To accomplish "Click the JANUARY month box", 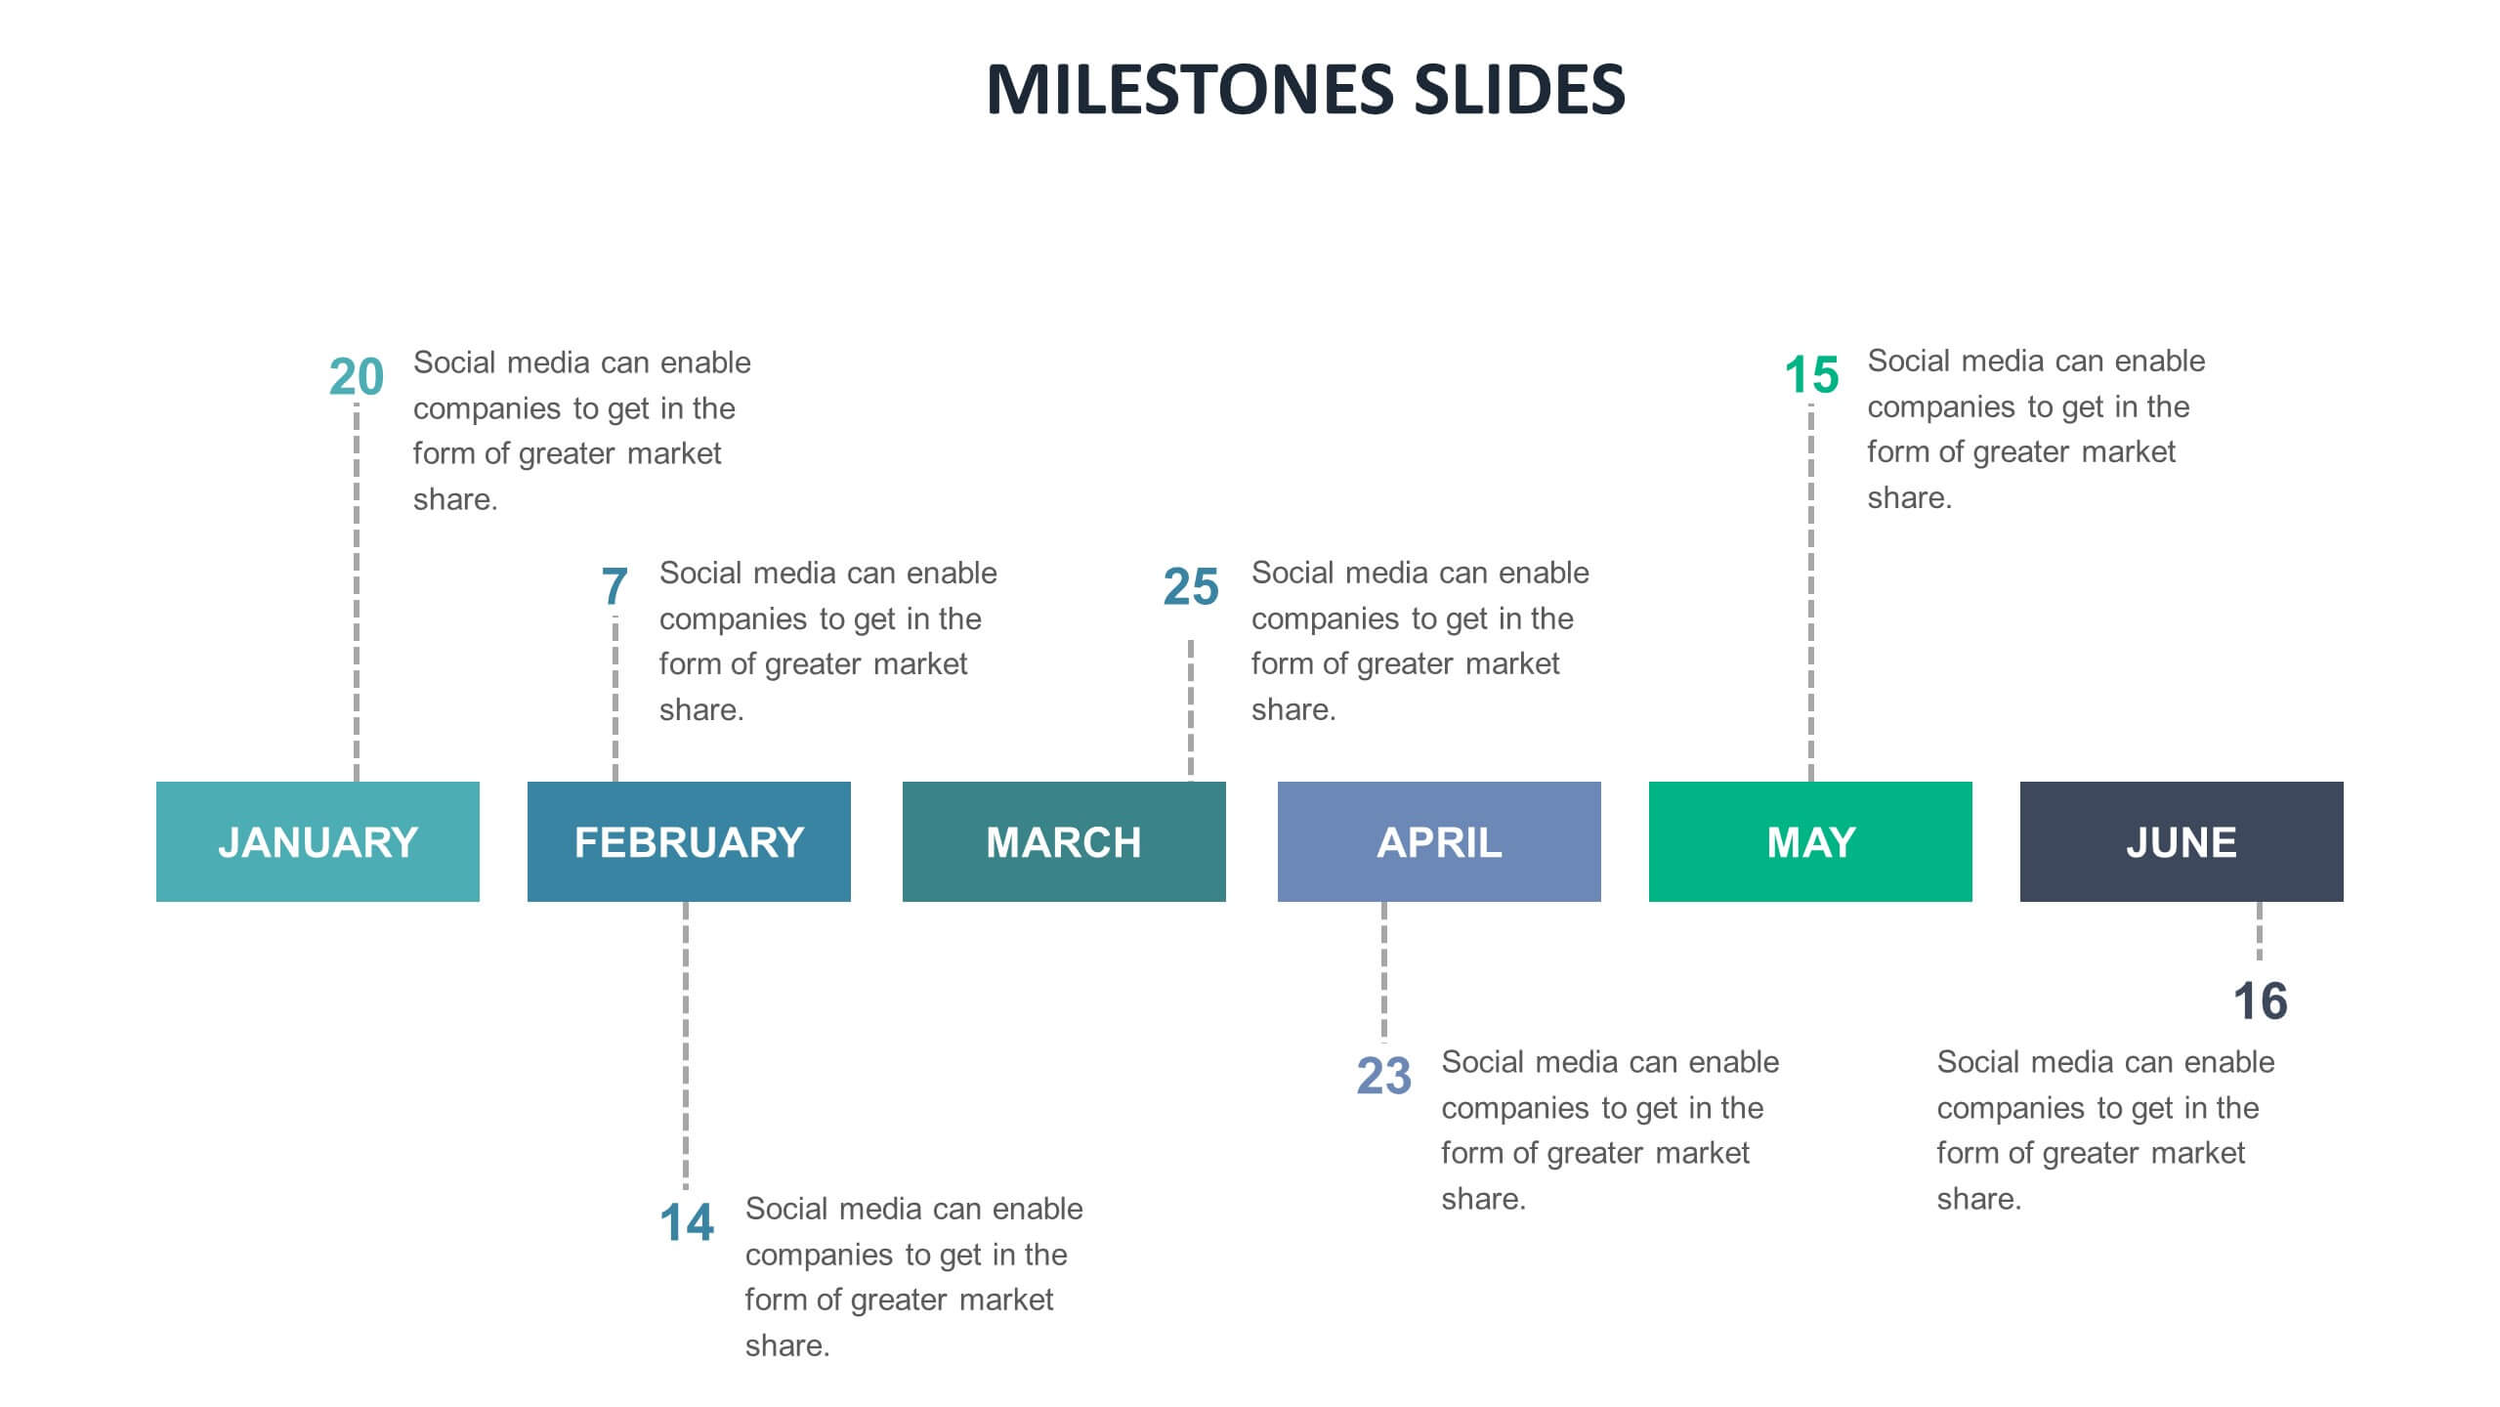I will (318, 841).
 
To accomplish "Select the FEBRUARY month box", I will (689, 841).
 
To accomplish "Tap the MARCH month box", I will (1064, 841).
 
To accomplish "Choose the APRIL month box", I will (1439, 841).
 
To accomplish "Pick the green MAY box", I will (1810, 841).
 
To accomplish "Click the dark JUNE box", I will (2182, 841).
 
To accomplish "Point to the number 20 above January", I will (357, 377).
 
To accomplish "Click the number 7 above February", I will (614, 587).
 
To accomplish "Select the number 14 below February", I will (687, 1222).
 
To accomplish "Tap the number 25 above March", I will (1191, 587).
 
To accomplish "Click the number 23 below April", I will (1383, 1077).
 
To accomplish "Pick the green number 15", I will (1811, 375).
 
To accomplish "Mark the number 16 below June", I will (2260, 1002).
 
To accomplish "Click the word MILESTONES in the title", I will (1191, 89).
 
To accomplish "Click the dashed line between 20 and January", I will (357, 591).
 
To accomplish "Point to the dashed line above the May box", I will (1811, 591).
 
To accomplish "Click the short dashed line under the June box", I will (2260, 931).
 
